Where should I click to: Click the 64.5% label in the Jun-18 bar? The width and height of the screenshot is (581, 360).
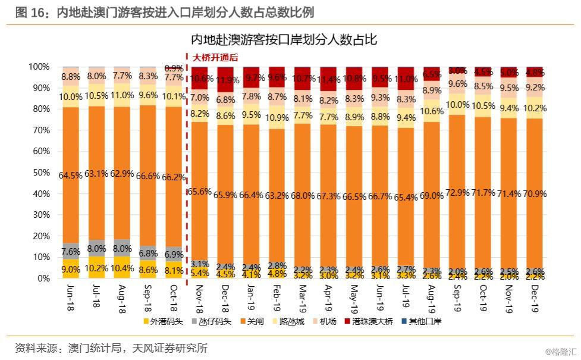pyautogui.click(x=71, y=176)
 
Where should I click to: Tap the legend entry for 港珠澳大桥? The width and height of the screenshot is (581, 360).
pyautogui.click(x=372, y=321)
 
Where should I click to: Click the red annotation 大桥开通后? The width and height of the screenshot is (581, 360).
pyautogui.click(x=215, y=58)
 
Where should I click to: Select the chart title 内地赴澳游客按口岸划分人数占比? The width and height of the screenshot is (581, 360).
pyautogui.click(x=284, y=40)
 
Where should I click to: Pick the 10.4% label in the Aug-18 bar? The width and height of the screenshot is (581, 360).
pyautogui.click(x=123, y=268)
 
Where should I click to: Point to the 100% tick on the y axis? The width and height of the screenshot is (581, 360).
pyautogui.click(x=38, y=67)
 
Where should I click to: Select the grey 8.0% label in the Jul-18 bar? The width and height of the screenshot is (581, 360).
pyautogui.click(x=97, y=249)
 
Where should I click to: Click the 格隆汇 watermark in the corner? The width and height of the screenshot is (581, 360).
pyautogui.click(x=561, y=352)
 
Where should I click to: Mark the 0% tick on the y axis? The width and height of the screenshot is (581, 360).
pyautogui.click(x=42, y=278)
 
